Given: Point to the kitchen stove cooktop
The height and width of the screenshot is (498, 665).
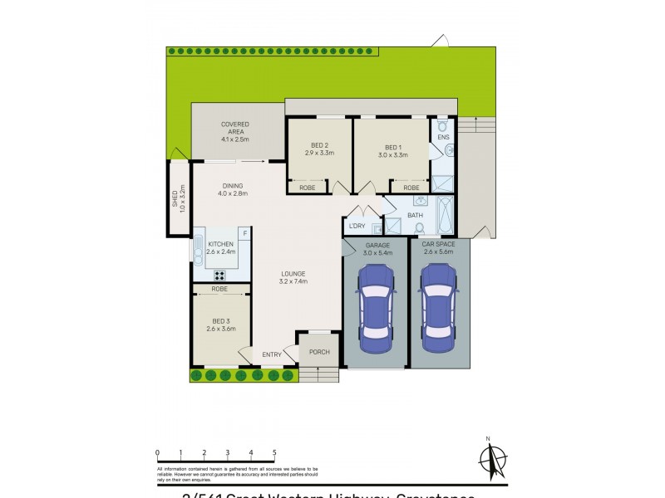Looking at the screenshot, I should (220, 275).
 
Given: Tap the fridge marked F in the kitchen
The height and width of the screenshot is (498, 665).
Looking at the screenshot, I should (244, 233).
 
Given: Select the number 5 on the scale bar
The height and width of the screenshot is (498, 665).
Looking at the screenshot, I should (274, 452).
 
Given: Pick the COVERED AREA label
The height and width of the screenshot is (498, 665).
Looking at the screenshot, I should (235, 129).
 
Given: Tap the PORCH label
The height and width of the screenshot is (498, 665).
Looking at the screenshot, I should (319, 352).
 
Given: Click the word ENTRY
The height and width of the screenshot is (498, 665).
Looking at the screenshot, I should (272, 355).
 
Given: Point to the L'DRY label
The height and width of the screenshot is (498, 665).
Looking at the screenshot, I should (357, 226).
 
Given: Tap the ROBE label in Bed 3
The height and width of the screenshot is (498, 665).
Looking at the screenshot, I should (219, 289).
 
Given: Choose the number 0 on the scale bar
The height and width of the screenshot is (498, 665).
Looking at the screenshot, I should (157, 452).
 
